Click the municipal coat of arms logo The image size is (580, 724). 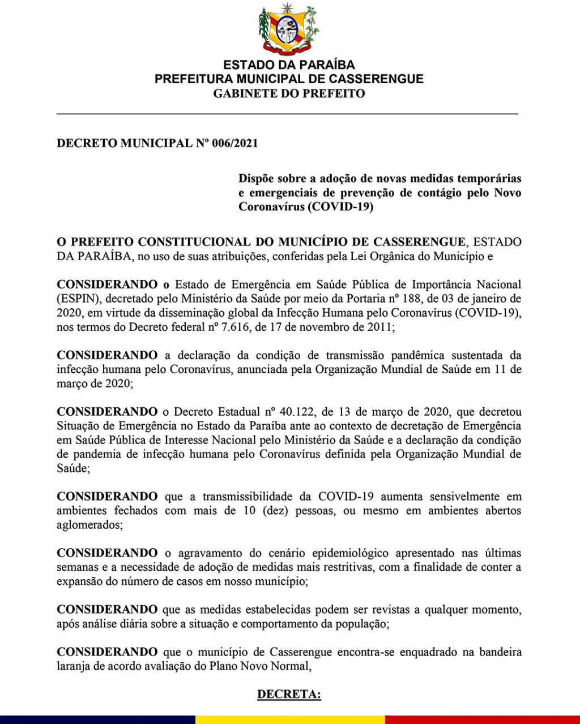pyautogui.click(x=289, y=28)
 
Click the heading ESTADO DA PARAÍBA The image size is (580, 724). pyautogui.click(x=289, y=65)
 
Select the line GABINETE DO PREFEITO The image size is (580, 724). pyautogui.click(x=289, y=94)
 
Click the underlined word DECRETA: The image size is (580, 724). pyautogui.click(x=289, y=694)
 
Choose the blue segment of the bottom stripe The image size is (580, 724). pyautogui.click(x=96, y=719)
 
